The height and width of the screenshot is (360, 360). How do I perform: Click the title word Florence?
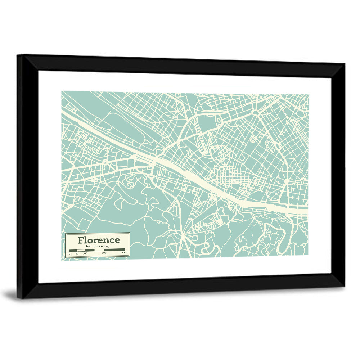pyautogui.click(x=99, y=240)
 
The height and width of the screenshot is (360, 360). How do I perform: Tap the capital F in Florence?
pyautogui.click(x=81, y=240)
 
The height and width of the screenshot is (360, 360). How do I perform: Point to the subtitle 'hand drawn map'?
pyautogui.click(x=98, y=246)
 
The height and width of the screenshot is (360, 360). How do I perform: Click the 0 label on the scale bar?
pyautogui.click(x=69, y=253)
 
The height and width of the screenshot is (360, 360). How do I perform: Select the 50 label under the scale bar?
pyautogui.click(x=77, y=253)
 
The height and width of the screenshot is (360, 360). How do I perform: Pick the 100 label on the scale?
pyautogui.click(x=85, y=253)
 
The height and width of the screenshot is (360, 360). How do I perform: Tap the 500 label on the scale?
pyautogui.click(x=104, y=253)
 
